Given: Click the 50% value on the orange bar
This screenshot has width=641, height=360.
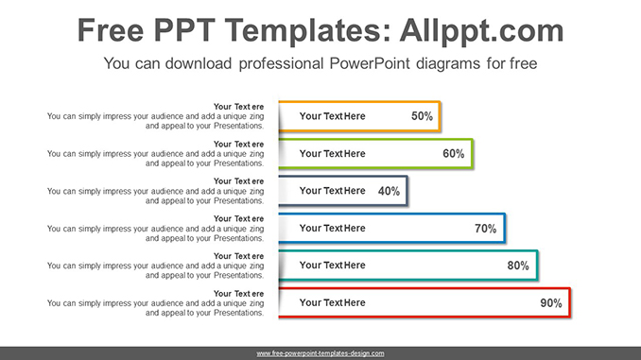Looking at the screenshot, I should tap(422, 116).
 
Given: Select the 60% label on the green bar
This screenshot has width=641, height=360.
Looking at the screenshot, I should tap(453, 153).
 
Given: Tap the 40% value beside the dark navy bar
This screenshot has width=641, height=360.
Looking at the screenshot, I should tap(389, 191).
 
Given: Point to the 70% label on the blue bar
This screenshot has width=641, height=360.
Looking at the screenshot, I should tap(485, 228).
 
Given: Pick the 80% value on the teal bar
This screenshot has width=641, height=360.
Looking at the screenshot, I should tap(517, 266).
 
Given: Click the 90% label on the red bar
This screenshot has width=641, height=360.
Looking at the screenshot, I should tap(550, 303).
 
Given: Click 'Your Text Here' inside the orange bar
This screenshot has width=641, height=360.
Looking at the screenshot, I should tap(332, 116).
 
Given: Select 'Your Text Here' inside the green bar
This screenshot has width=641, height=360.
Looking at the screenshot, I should tap(332, 153).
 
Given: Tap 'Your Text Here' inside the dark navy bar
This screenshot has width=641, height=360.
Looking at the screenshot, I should tap(332, 191).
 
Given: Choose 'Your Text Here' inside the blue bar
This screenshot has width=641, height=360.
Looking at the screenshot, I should tap(332, 228).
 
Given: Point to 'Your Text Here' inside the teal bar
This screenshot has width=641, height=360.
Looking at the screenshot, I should tap(332, 266).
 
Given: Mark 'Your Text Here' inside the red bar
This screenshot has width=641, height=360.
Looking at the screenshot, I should tap(332, 303).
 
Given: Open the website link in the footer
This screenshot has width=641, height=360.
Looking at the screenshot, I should tap(320, 353).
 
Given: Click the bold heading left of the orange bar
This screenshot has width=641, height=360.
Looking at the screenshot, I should tap(238, 107).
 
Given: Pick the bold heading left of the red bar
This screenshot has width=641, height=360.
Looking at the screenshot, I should tap(238, 294).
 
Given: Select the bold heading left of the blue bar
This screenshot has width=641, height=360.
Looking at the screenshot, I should tap(238, 219).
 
